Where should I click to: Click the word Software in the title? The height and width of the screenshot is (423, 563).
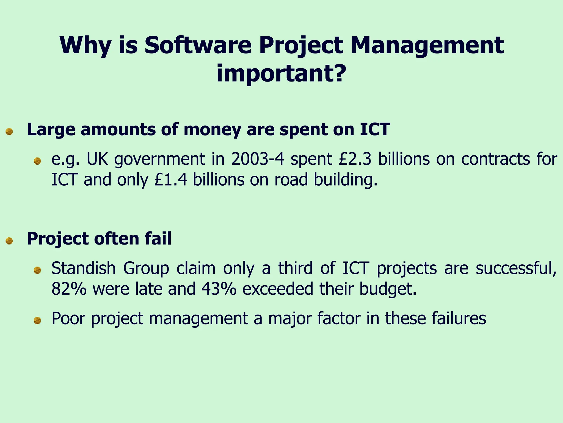pyautogui.click(x=198, y=45)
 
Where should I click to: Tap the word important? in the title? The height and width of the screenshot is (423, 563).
pyautogui.click(x=281, y=74)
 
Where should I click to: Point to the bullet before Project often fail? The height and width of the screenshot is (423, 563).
pyautogui.click(x=9, y=241)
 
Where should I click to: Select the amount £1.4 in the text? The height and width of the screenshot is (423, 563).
pyautogui.click(x=171, y=180)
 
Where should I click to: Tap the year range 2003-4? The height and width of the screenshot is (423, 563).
pyautogui.click(x=258, y=159)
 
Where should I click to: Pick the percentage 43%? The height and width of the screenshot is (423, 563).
pyautogui.click(x=219, y=289)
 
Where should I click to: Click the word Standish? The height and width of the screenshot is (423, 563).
pyautogui.click(x=83, y=269)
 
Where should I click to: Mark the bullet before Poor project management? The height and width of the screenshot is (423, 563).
pyautogui.click(x=37, y=320)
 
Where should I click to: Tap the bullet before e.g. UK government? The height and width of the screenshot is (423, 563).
pyautogui.click(x=37, y=161)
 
